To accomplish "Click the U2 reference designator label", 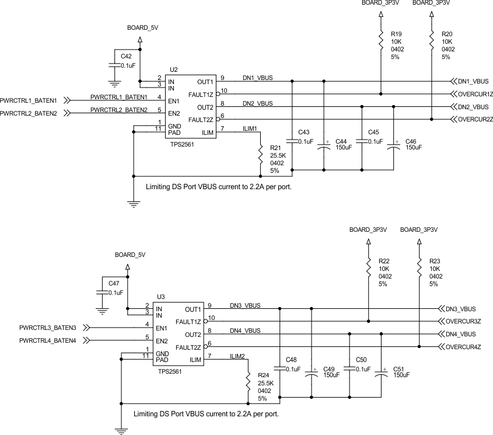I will (x=173, y=69).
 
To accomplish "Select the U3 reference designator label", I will (x=161, y=297).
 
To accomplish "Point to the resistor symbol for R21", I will (x=261, y=155).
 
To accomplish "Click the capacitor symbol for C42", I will (x=113, y=60).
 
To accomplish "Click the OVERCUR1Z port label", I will (x=476, y=94).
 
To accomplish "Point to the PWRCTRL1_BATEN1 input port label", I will (x=28, y=101).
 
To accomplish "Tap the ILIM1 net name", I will (x=250, y=127).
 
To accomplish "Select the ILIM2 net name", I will (x=237, y=356).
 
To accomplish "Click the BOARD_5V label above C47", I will (x=130, y=255).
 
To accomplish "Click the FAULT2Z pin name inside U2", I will (x=200, y=120).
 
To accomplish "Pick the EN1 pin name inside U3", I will (x=163, y=328).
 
